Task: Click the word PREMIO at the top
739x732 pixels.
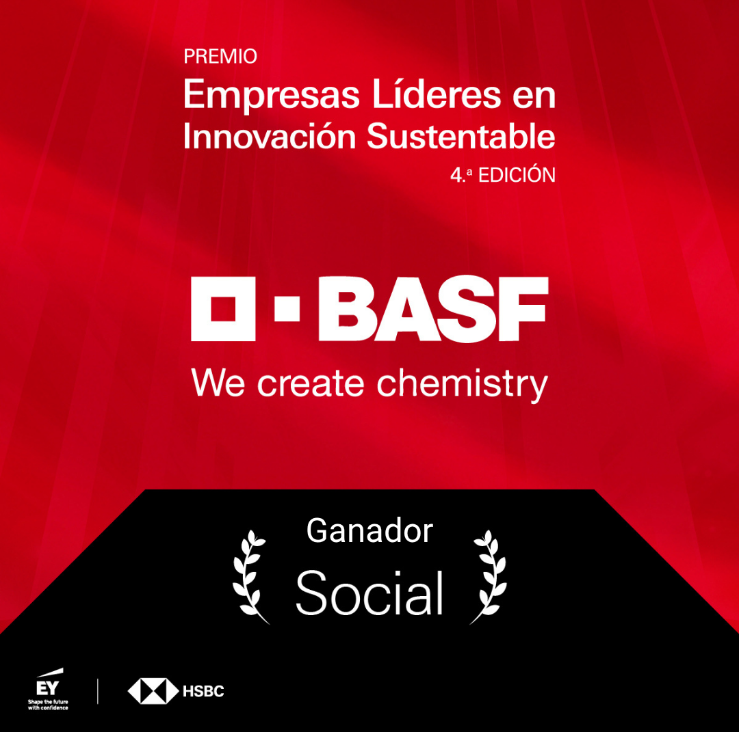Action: [220, 57]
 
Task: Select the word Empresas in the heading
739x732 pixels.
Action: [272, 96]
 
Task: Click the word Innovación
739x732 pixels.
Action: [269, 136]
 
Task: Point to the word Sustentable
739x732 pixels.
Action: [461, 136]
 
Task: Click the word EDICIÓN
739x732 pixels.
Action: [517, 175]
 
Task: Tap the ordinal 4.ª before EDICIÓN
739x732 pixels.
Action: [461, 175]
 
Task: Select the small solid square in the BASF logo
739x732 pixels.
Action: [287, 309]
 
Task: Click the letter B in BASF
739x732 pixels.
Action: [348, 309]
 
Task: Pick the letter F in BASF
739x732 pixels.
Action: [523, 309]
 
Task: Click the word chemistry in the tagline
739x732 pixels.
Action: [462, 385]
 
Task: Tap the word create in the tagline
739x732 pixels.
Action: [311, 384]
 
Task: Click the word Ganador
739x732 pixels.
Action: [369, 531]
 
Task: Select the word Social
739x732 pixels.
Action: [369, 593]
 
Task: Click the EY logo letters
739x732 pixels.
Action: [48, 688]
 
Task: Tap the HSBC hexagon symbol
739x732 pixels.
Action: [153, 691]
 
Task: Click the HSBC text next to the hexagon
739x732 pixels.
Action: [203, 691]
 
